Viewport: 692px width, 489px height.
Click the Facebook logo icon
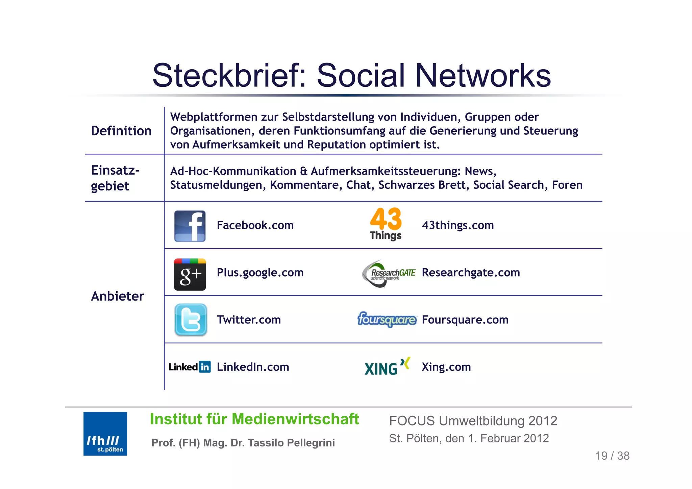tap(190, 226)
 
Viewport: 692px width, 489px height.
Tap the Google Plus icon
tap(190, 274)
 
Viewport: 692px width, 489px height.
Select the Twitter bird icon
tap(191, 319)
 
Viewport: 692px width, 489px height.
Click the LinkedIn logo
tap(190, 367)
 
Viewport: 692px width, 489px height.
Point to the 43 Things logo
tap(386, 224)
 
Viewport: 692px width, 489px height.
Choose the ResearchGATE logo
tap(389, 273)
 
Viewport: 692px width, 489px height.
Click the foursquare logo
tap(387, 319)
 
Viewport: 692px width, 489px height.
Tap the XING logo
tap(387, 367)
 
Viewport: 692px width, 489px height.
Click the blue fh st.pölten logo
tap(105, 434)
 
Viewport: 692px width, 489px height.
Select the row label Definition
tap(121, 131)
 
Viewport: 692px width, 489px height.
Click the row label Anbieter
tap(118, 296)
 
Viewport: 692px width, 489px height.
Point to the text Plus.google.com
tap(260, 273)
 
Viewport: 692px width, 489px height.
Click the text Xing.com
tap(446, 367)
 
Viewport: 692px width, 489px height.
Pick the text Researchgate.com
tap(471, 273)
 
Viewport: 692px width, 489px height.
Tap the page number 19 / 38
tap(612, 456)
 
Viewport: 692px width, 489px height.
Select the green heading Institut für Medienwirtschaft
tap(254, 419)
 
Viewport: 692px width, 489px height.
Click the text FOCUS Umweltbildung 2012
tap(473, 421)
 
